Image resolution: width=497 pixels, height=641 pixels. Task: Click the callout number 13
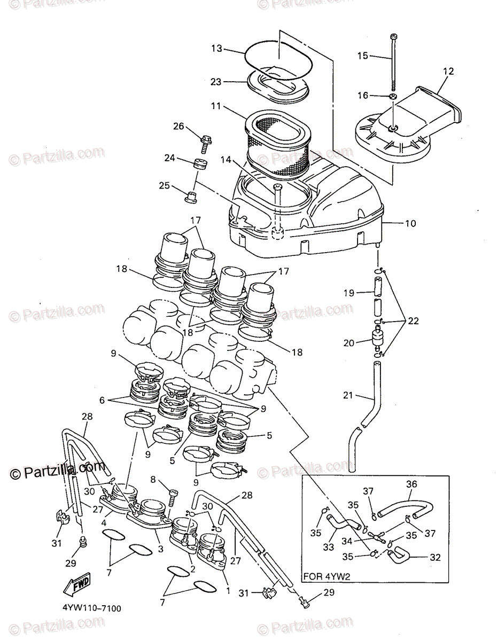point(216,48)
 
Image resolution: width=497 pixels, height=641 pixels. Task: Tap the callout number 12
point(448,71)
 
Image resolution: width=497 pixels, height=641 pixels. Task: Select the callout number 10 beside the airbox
point(410,223)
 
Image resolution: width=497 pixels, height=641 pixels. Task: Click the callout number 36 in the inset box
point(411,484)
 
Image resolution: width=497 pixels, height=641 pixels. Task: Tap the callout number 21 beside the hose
point(348,395)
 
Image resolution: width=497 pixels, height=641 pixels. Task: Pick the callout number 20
point(348,343)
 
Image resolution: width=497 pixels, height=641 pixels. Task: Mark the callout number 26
point(178,126)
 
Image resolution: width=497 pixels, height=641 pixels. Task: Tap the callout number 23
point(216,82)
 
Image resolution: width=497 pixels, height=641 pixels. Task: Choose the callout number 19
point(348,293)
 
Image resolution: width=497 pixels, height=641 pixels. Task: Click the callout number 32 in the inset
point(436,557)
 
